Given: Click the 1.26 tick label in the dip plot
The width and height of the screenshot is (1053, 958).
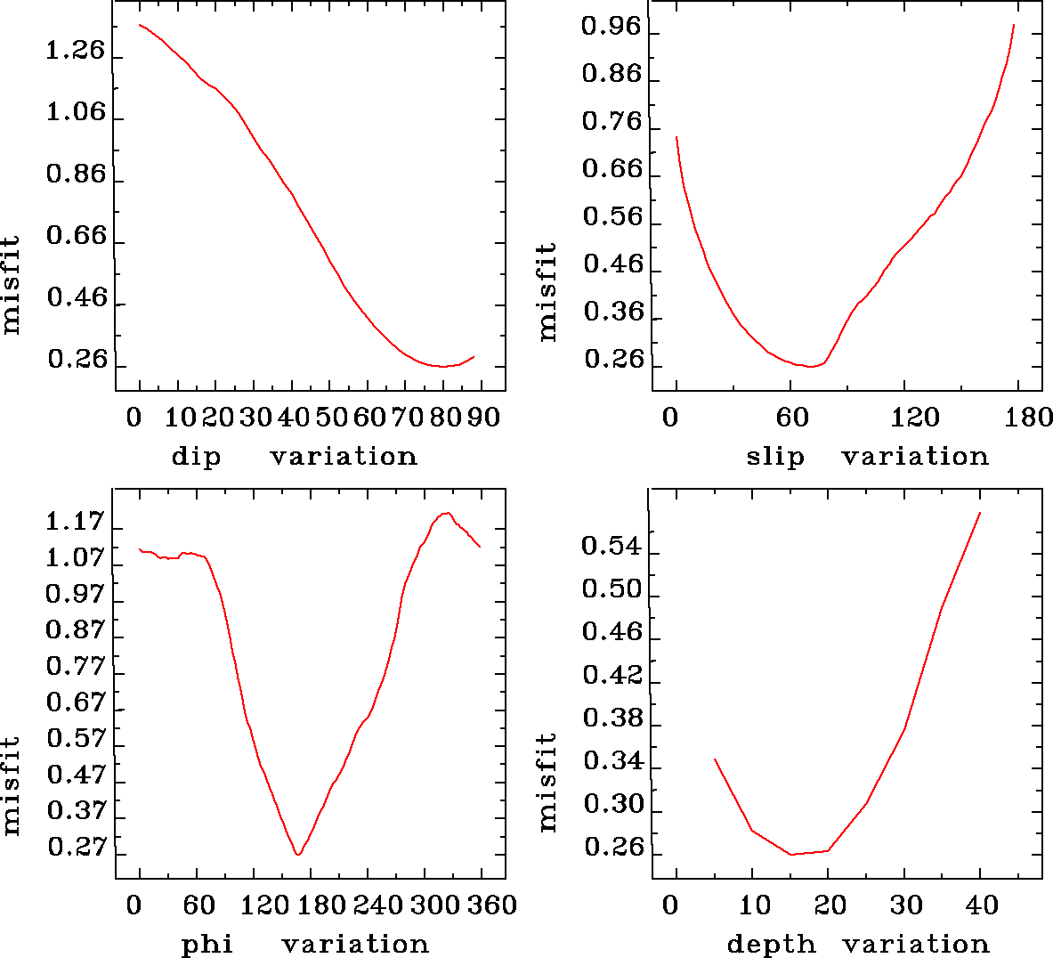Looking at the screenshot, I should (x=75, y=52).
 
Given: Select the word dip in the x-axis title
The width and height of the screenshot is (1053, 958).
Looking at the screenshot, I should (x=195, y=457).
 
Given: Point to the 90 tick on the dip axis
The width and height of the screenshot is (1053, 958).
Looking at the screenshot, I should (x=484, y=417).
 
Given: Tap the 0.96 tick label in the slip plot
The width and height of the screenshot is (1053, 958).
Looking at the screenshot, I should (x=611, y=27).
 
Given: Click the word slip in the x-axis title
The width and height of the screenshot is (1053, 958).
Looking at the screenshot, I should (x=774, y=457).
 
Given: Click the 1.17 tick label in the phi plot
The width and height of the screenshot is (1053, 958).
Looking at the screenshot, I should (x=75, y=522).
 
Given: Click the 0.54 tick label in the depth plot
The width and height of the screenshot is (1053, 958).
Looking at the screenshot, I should (x=611, y=546).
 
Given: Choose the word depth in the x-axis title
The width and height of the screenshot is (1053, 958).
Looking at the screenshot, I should (x=771, y=944).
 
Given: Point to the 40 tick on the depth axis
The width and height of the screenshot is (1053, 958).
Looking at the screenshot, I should (x=983, y=905).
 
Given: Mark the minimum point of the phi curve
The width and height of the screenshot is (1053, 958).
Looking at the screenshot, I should (x=298, y=854).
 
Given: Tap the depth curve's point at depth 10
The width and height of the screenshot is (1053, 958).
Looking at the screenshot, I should (x=752, y=830).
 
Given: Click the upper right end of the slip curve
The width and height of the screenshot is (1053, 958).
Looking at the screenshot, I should (x=1014, y=25).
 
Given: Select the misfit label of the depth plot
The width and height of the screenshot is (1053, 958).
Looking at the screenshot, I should (x=547, y=782).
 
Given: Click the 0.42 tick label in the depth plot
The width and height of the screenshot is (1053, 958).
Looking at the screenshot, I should (x=611, y=675).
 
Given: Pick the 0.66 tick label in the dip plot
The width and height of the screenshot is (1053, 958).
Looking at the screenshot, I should (x=75, y=237).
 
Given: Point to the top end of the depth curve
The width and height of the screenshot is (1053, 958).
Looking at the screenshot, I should (x=980, y=513).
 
